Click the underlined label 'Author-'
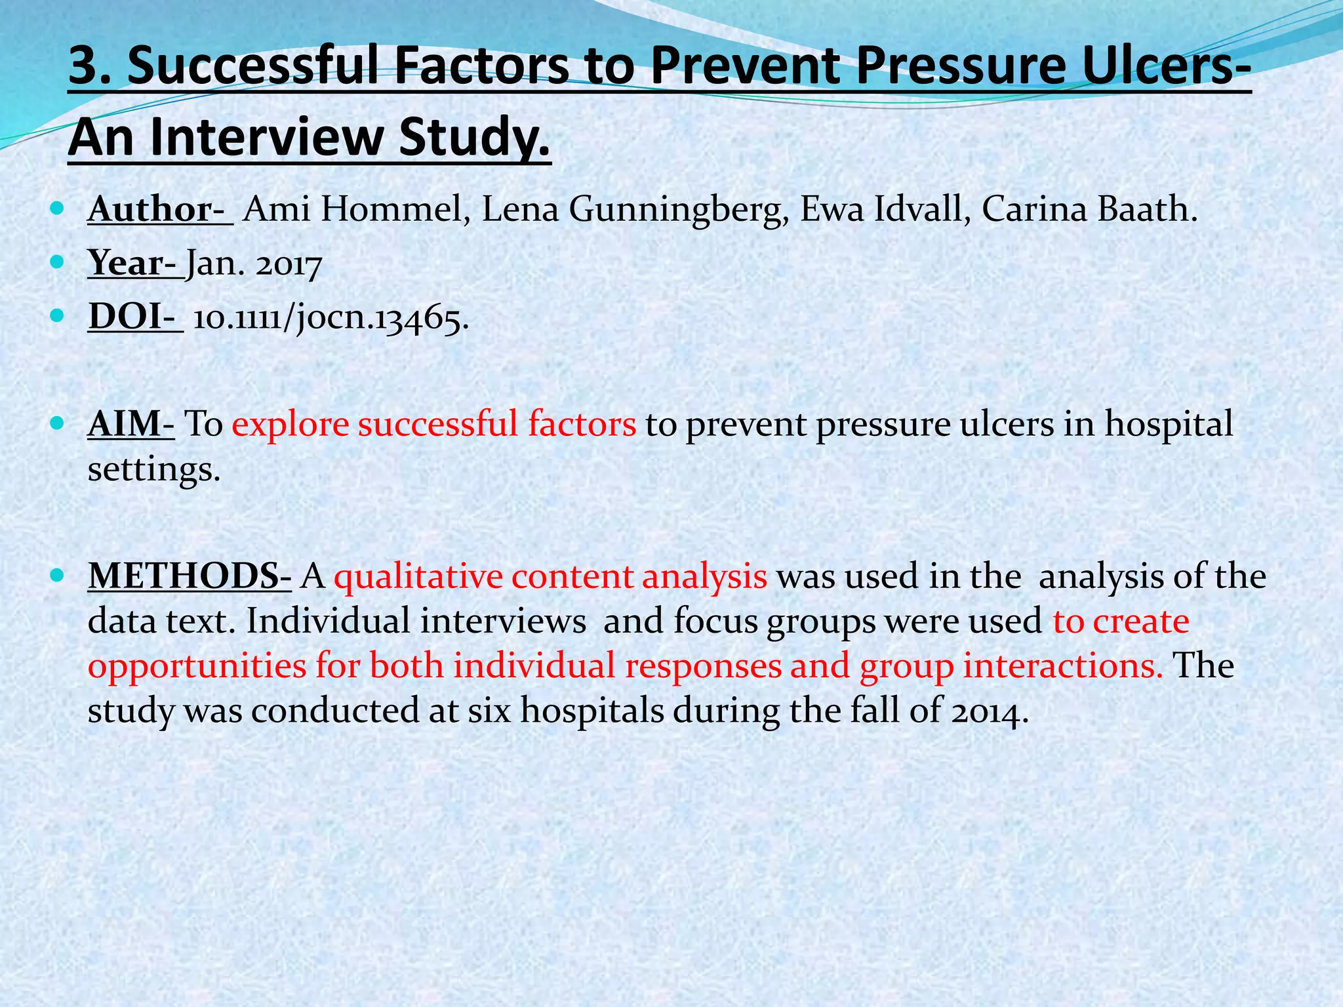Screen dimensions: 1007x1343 160,210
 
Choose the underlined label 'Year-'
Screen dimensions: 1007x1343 134,264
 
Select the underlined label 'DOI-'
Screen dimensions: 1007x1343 134,317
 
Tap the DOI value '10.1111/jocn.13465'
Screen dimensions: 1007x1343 331,319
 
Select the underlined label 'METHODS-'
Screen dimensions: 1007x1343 190,577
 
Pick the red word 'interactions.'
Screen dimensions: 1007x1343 1063,666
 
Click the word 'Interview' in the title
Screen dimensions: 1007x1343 268,139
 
